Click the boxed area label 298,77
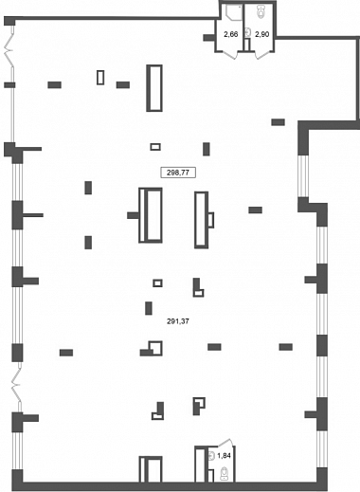[x=178, y=173]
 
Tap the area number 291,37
[x=178, y=321]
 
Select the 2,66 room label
[x=231, y=34]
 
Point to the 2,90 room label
[x=262, y=34]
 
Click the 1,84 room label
[x=224, y=456]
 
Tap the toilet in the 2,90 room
[x=261, y=11]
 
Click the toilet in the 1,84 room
[x=225, y=474]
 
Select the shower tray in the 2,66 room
[x=234, y=12]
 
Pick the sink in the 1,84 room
[x=211, y=456]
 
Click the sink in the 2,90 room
[x=248, y=32]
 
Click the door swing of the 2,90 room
[x=262, y=55]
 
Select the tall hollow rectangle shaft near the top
[x=154, y=88]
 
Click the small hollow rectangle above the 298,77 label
[x=155, y=147]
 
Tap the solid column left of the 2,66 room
[x=208, y=38]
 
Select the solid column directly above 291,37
[x=149, y=308]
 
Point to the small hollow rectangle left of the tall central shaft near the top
[x=100, y=78]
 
